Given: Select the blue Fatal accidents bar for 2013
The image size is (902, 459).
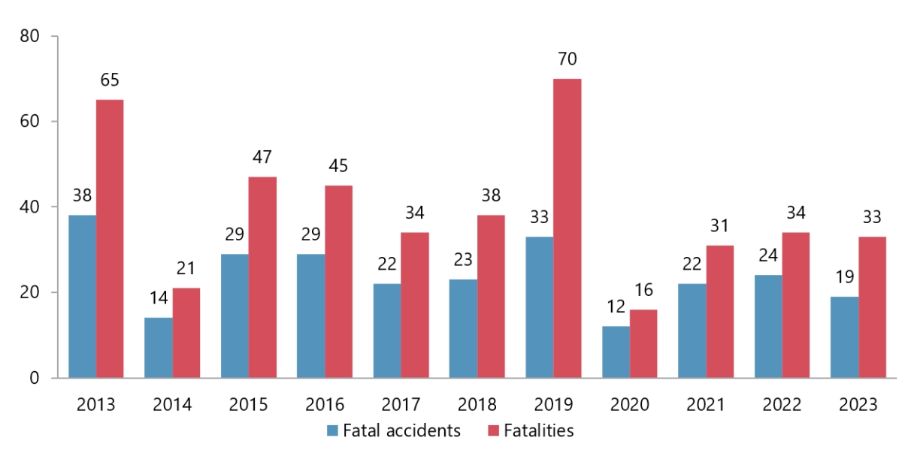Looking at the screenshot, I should (82, 296).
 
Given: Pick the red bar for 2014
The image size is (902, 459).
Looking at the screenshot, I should (186, 332).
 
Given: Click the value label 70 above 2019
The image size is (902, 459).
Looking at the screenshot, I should (568, 59).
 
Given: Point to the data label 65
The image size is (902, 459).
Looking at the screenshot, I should (110, 80).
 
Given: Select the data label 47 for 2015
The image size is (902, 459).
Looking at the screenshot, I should (262, 158).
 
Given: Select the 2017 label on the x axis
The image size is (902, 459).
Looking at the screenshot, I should (401, 405).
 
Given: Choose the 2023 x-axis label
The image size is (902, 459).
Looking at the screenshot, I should (858, 405).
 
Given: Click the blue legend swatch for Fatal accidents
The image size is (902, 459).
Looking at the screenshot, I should (332, 431).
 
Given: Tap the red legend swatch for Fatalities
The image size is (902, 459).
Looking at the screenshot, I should (494, 431).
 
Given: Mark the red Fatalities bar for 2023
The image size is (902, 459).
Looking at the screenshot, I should (872, 307).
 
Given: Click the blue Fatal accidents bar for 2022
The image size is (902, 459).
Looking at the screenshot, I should (767, 326).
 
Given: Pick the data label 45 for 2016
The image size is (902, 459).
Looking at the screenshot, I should (338, 166).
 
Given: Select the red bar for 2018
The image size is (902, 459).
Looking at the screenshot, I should (491, 296).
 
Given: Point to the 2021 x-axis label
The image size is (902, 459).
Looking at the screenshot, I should (706, 405).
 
